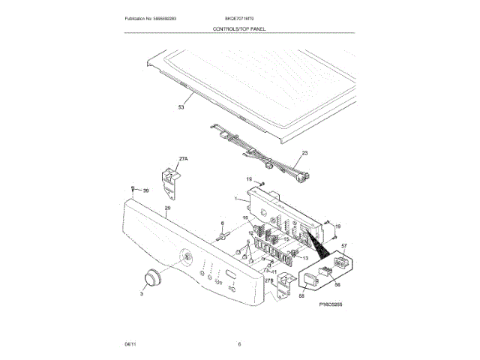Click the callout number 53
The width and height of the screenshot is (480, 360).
click(x=180, y=107)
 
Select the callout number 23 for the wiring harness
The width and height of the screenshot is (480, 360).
click(x=304, y=153)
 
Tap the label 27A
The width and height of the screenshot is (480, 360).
click(x=182, y=158)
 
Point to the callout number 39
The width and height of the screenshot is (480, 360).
click(x=146, y=190)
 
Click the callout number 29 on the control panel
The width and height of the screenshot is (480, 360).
click(x=168, y=207)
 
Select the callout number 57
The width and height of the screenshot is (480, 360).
click(x=344, y=246)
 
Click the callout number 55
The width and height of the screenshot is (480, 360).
click(x=302, y=297)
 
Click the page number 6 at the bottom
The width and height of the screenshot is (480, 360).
click(x=239, y=344)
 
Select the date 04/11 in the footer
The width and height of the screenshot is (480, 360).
click(x=129, y=344)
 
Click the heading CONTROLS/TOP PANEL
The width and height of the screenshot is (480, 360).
click(x=239, y=28)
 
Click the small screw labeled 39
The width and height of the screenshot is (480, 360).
click(x=133, y=188)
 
